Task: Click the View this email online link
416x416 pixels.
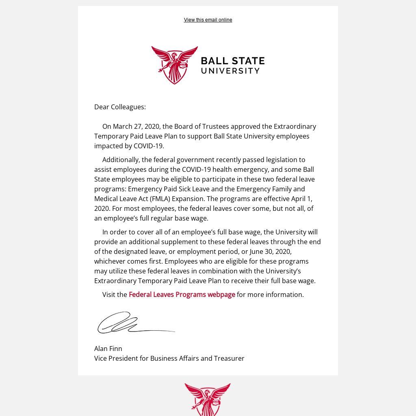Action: [x=208, y=20]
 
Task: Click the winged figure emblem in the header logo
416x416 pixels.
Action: [x=174, y=65]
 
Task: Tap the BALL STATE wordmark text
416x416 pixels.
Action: [x=233, y=61]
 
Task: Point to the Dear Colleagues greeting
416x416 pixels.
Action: [x=120, y=107]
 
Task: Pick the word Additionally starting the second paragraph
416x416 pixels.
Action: [x=121, y=160]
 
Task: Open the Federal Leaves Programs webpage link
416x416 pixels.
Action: [x=182, y=295]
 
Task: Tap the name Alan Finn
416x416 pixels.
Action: [x=108, y=349]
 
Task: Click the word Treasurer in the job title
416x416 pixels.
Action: [x=229, y=358]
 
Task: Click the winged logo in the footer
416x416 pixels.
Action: [x=208, y=398]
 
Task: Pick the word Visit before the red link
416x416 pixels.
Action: [x=109, y=295]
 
